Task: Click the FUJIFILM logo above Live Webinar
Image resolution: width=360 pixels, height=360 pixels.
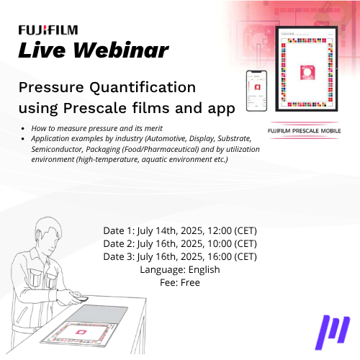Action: tap(48, 30)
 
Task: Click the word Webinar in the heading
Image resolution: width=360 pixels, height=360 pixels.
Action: tap(121, 50)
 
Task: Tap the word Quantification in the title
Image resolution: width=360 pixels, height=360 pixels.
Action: tap(143, 87)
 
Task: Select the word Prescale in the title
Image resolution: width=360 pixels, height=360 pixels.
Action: tap(95, 108)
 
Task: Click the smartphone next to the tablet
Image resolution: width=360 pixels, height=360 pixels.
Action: tap(256, 91)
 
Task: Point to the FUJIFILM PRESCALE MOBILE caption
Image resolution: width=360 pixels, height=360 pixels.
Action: tap(304, 131)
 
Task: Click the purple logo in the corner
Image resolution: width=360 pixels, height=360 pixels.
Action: tap(333, 333)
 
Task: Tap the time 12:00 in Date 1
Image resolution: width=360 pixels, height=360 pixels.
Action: tap(220, 230)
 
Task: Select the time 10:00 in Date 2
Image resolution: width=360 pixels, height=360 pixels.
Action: tap(220, 243)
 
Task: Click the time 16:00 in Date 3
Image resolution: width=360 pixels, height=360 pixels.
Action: tap(220, 256)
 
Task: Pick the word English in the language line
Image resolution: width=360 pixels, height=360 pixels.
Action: tap(204, 270)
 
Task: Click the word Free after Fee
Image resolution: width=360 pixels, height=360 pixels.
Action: tap(190, 282)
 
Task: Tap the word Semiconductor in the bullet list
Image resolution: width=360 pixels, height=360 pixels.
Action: tap(57, 149)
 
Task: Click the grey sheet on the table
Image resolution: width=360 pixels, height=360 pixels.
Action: tap(97, 315)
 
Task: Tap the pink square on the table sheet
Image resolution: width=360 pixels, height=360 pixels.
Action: tap(81, 332)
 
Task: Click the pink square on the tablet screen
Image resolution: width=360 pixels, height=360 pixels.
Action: tap(307, 72)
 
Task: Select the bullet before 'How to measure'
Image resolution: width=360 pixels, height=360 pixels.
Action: tap(23, 129)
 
